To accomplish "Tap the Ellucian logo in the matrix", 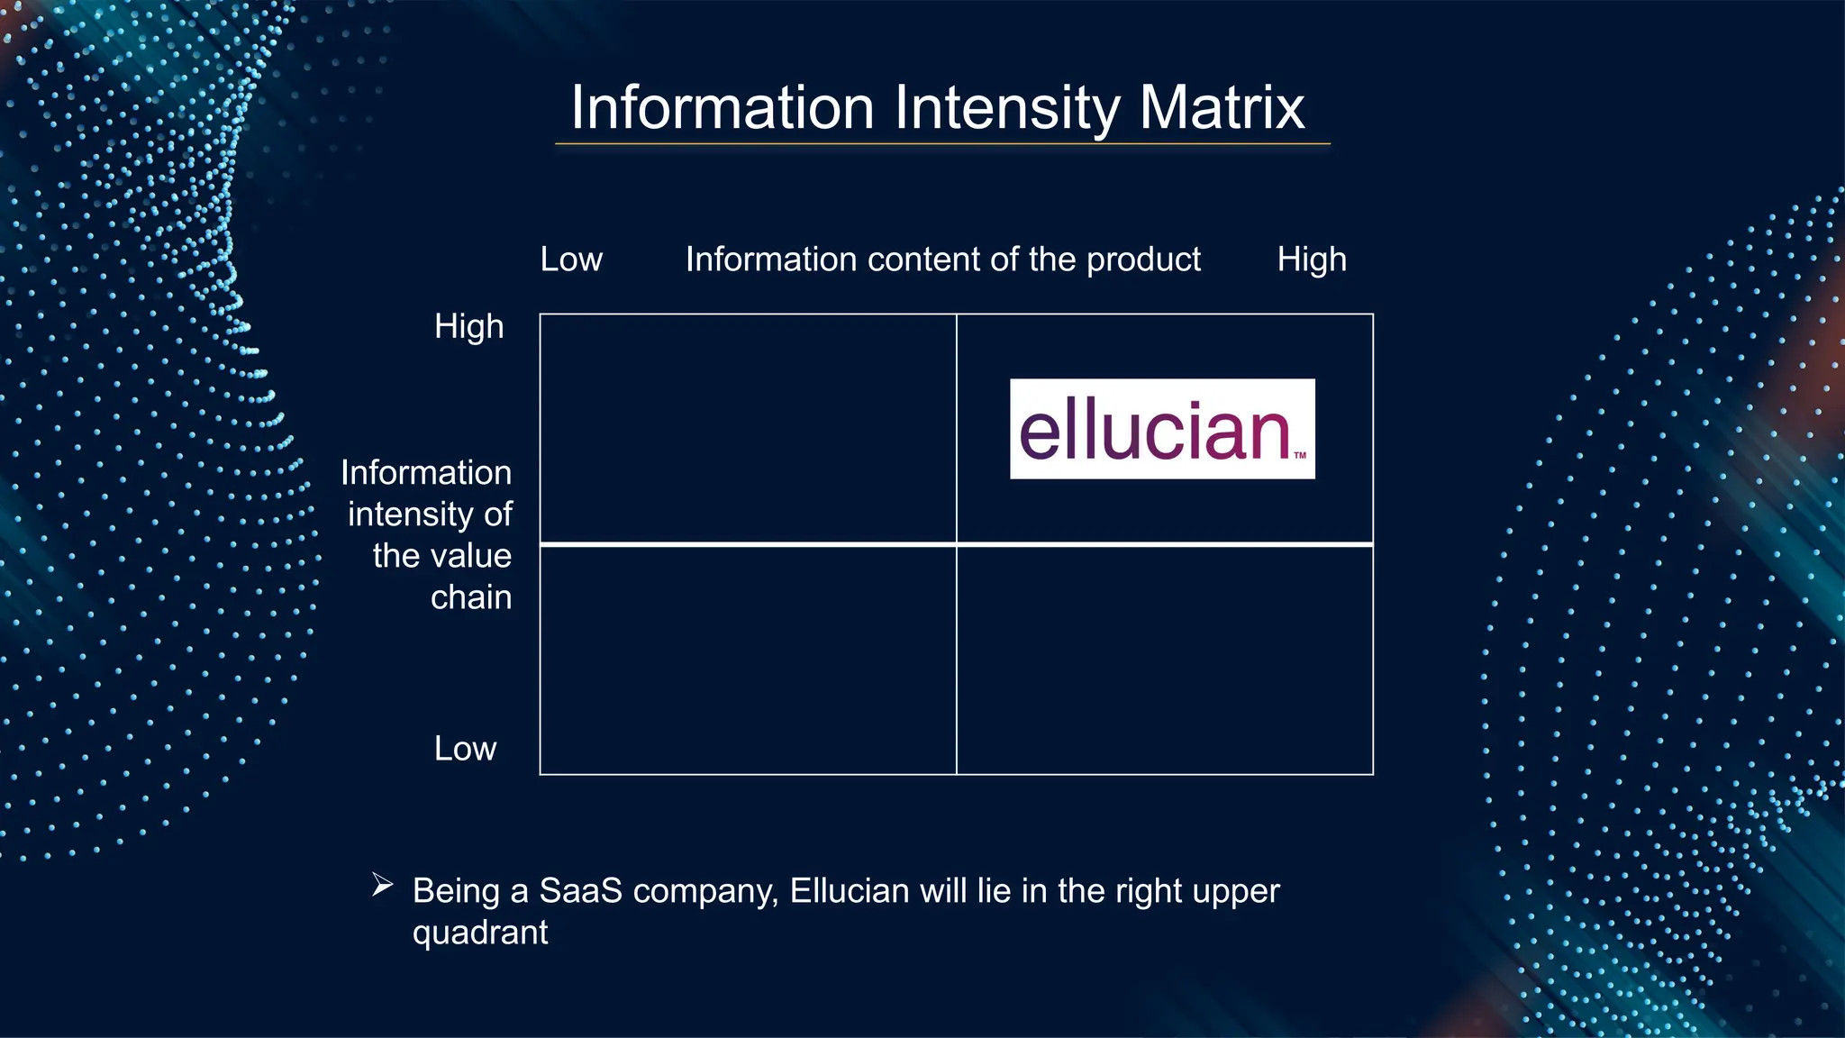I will pos(1161,429).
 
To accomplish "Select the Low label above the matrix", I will pos(571,259).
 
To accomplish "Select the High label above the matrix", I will pos(1311,259).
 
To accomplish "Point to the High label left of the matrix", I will pos(468,326).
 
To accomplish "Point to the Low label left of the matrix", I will pos(465,749).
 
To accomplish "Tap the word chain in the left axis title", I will pos(471,597).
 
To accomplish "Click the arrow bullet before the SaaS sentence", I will pos(382,886).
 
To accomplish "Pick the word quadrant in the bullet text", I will pos(480,933).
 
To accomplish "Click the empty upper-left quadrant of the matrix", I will pos(748,429).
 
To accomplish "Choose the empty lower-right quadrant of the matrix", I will pos(1164,660).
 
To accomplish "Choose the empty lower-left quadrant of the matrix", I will pos(748,660).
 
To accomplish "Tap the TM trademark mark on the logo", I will pos(1300,456).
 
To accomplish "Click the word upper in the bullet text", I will pos(1235,891).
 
